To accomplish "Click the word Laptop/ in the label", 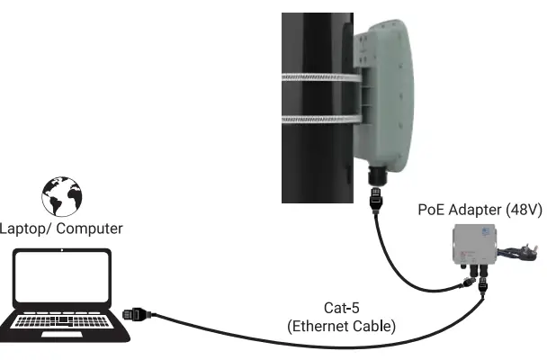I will click(x=23, y=229).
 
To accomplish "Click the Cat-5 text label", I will click(x=342, y=308).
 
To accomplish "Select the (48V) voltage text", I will click(x=518, y=211).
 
